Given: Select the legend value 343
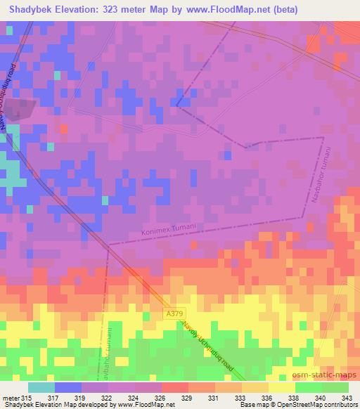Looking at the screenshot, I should pos(347,398).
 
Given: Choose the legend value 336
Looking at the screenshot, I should pos(266,398).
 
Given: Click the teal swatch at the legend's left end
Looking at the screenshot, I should pos(41,387).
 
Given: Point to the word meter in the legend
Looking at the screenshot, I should pos(9,398).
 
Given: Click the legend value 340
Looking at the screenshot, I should pos(320,398).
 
